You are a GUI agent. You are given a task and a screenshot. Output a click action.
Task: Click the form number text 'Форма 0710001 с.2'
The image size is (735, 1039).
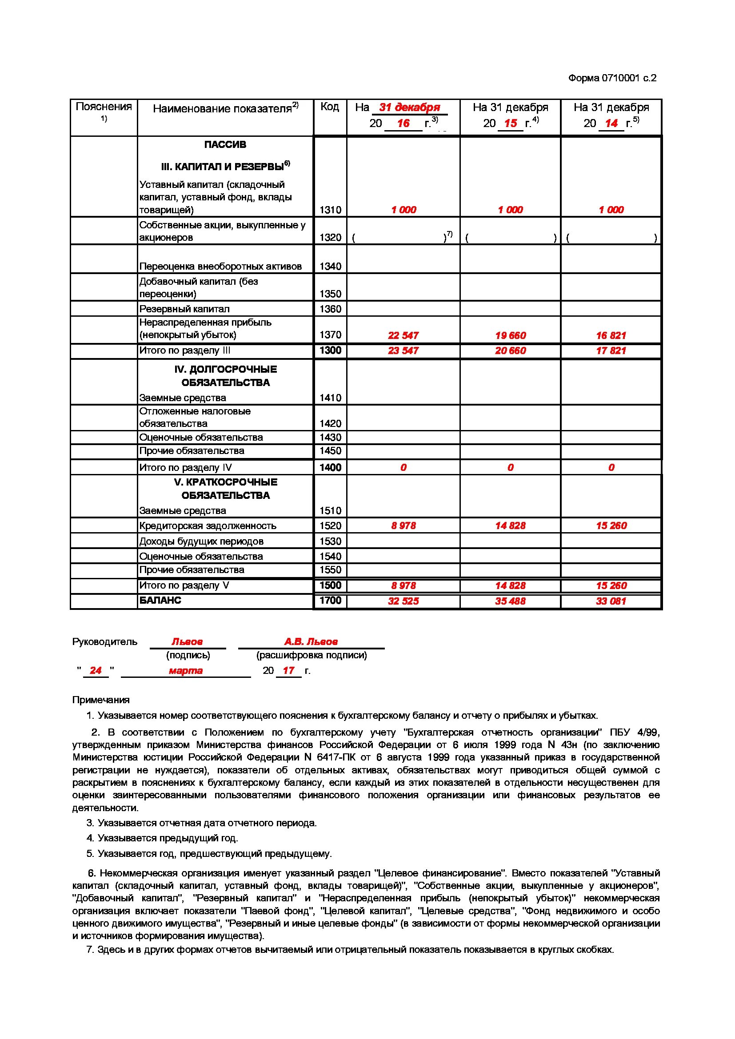(x=612, y=78)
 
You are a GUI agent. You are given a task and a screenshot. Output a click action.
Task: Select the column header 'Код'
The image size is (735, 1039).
(x=329, y=107)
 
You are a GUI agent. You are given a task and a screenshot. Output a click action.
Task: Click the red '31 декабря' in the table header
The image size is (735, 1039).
(x=409, y=107)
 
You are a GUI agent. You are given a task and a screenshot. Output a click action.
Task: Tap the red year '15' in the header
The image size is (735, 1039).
(x=511, y=123)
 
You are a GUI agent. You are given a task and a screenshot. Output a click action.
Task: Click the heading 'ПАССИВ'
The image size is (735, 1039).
(x=225, y=145)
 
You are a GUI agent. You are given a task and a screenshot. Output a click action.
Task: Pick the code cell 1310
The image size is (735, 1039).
(x=330, y=210)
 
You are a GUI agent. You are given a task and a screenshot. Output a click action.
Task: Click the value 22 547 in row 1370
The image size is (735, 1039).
(x=403, y=335)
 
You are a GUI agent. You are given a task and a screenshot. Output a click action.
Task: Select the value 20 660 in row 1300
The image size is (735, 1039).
(x=510, y=351)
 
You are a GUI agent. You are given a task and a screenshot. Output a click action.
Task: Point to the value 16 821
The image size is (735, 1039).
(x=611, y=335)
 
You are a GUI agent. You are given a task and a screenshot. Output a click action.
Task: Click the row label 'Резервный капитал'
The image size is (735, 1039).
(x=184, y=309)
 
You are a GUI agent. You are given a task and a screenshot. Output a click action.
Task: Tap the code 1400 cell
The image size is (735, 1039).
(x=330, y=467)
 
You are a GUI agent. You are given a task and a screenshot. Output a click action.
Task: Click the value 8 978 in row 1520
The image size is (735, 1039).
(x=403, y=526)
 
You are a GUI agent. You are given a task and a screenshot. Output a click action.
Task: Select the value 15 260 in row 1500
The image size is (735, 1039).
(x=611, y=585)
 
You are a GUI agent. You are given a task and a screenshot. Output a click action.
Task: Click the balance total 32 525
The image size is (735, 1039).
(x=403, y=601)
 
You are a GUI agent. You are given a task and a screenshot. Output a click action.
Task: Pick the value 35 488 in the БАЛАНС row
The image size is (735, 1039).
(x=510, y=601)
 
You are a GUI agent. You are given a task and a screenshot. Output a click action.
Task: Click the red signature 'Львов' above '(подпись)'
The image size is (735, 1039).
(x=187, y=642)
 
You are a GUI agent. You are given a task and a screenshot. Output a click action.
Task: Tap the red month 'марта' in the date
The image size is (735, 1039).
(x=186, y=671)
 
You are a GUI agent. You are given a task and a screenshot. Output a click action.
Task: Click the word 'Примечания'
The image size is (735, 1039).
(x=100, y=700)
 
